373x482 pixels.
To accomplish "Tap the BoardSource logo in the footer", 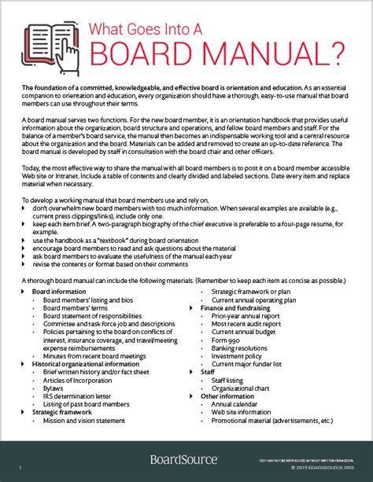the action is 183,460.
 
